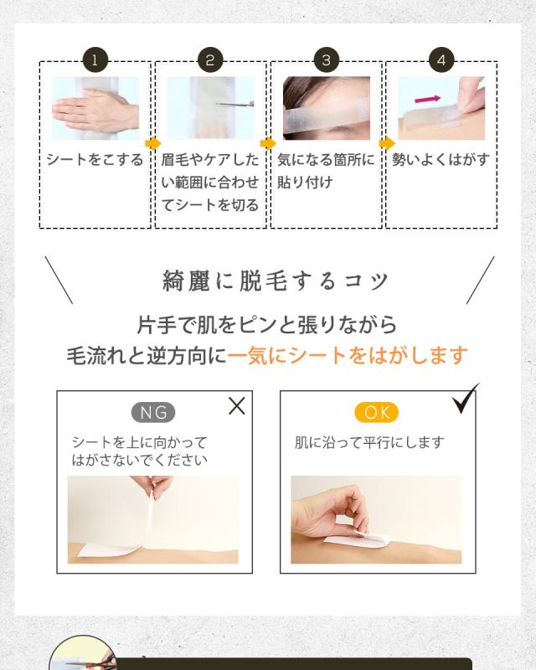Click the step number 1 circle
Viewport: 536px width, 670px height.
pos(95,60)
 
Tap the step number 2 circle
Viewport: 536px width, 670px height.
pos(210,60)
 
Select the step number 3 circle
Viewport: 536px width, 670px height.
pos(326,60)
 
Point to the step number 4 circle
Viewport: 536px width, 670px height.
pos(441,60)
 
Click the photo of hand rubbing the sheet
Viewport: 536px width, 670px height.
pos(95,108)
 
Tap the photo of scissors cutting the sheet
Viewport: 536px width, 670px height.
pos(210,108)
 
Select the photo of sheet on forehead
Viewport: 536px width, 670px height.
pos(326,108)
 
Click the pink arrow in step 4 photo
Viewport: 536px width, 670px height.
pos(428,98)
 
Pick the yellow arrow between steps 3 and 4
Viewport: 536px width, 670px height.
pos(384,143)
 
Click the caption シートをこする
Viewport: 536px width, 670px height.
pos(95,160)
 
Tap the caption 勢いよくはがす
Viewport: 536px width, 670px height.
pos(441,160)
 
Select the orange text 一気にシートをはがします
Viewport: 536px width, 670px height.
pos(347,355)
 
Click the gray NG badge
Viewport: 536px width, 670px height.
pos(153,412)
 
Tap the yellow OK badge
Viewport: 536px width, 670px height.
pos(377,412)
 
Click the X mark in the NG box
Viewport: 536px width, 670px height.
pos(237,406)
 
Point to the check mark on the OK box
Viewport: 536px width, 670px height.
pos(466,400)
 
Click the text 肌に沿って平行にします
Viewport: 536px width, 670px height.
pos(369,442)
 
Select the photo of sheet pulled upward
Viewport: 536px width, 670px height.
pos(153,519)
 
